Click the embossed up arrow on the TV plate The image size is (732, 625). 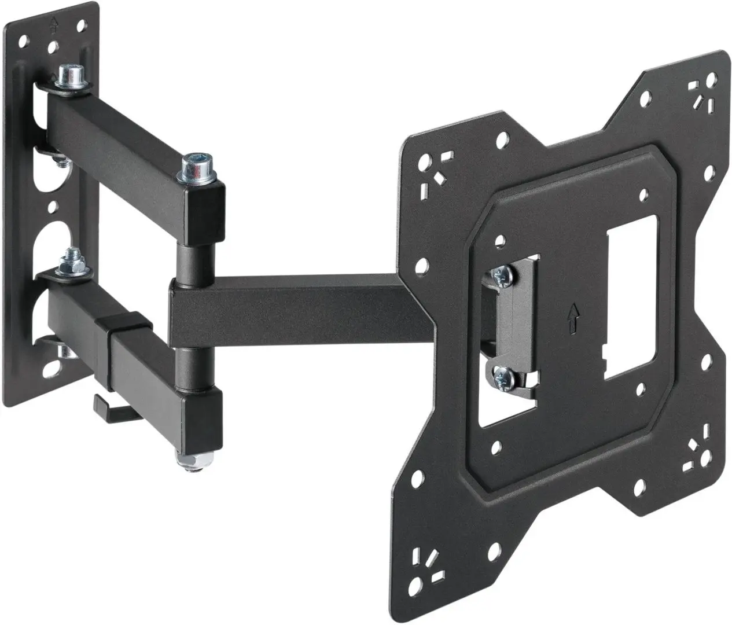573,317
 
